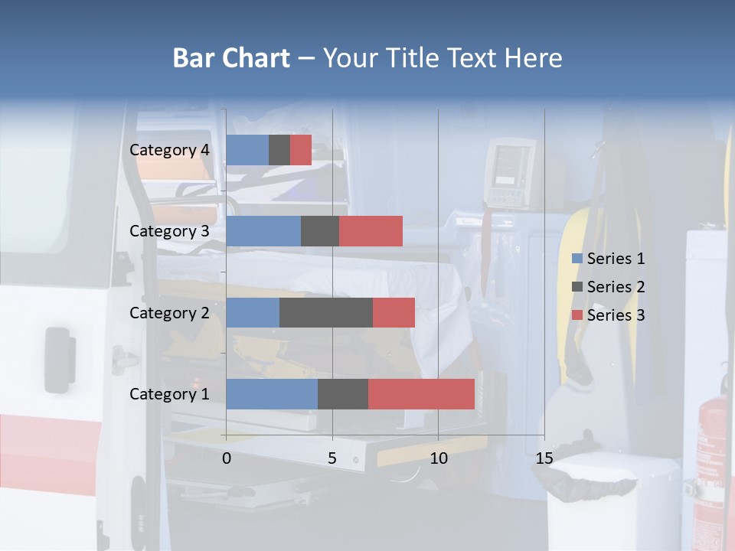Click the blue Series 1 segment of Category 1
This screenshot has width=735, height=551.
coord(272,393)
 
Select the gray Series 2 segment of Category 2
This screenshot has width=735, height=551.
coord(326,312)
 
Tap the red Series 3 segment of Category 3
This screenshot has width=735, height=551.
coord(371,231)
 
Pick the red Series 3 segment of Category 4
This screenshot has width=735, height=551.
coord(301,150)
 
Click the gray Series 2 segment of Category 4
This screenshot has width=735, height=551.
coord(279,150)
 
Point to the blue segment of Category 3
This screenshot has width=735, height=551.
coord(263,231)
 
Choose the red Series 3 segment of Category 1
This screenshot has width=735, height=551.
coord(421,393)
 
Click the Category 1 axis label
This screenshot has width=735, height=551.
coord(169,394)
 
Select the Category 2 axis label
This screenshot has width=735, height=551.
coord(169,313)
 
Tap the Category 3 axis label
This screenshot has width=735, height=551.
coord(169,231)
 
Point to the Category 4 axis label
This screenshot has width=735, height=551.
coord(169,150)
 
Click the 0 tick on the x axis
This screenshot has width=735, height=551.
coord(227,458)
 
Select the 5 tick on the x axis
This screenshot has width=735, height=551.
coord(332,458)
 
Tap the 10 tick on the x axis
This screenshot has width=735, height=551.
coord(438,458)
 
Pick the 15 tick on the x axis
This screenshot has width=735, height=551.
coord(544,458)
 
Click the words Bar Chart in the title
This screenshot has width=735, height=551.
coord(231,58)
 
